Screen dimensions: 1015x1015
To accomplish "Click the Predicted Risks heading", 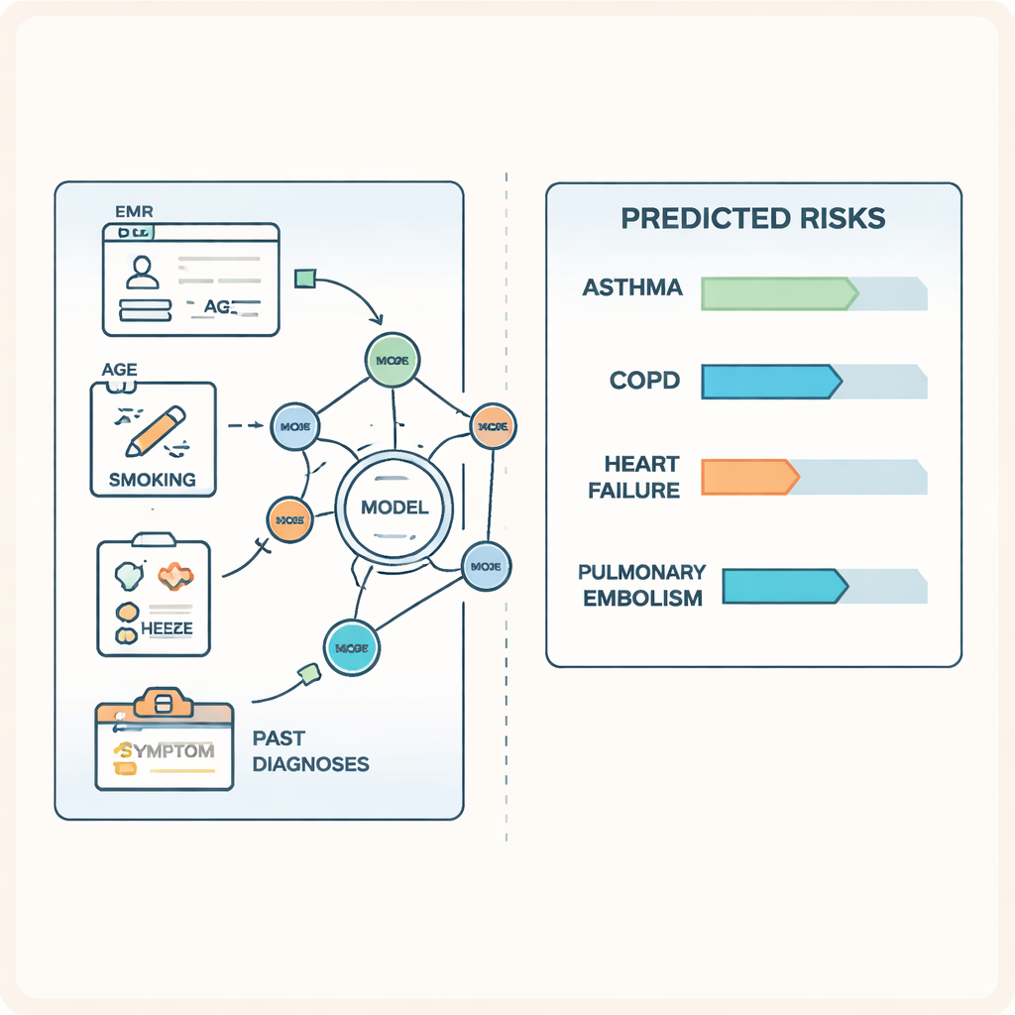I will tap(753, 219).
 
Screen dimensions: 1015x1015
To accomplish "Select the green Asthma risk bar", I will tap(779, 294).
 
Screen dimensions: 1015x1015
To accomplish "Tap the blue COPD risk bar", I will tap(771, 382).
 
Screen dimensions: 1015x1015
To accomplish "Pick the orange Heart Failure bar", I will tap(749, 477).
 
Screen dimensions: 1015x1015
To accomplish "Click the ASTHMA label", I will tap(632, 288).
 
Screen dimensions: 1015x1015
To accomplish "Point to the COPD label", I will tap(645, 381).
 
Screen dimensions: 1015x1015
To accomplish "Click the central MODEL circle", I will tap(395, 508).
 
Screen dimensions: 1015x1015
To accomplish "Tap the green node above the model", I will tap(394, 359).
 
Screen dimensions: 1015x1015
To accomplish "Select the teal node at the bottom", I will tap(352, 647).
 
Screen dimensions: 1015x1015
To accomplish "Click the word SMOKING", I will tap(153, 480).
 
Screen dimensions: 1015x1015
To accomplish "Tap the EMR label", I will tap(133, 210).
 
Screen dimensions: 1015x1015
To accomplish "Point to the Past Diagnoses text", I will tap(310, 751).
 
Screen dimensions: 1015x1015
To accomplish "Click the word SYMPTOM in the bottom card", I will tap(164, 751).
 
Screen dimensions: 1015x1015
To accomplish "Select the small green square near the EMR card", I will tap(305, 277).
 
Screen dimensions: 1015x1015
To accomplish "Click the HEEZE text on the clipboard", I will tap(166, 628).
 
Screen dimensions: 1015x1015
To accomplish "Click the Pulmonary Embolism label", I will tap(642, 585).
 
